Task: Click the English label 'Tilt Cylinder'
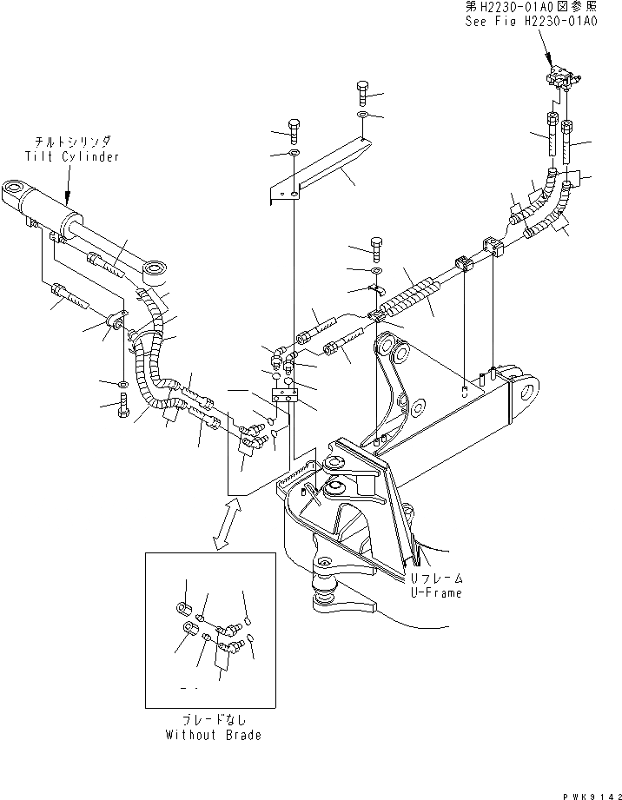(71, 156)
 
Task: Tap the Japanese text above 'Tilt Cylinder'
(71, 142)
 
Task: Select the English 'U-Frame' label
(436, 593)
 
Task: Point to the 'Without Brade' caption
(214, 735)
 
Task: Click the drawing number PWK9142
(583, 791)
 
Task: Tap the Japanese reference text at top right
(552, 8)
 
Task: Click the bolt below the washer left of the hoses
(123, 404)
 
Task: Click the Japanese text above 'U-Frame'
(436, 579)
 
